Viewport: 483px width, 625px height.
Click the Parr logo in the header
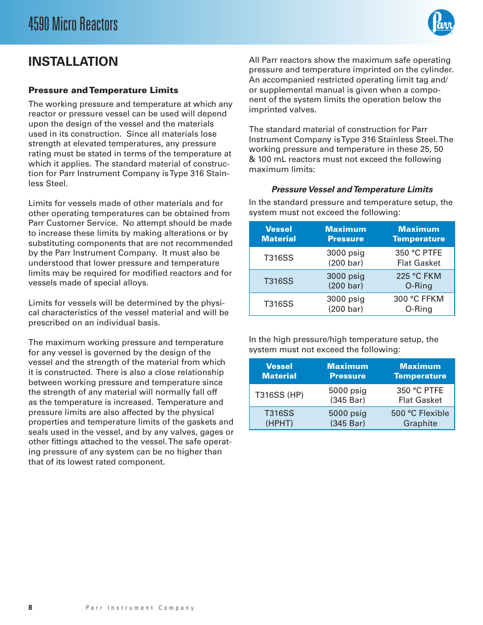click(441, 23)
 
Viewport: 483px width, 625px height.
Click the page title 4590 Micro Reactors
click(73, 24)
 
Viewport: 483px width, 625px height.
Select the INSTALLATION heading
click(73, 62)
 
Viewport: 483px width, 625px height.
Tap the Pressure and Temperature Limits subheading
click(103, 90)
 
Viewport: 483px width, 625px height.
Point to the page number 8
click(30, 607)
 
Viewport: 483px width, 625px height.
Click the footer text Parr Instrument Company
click(140, 608)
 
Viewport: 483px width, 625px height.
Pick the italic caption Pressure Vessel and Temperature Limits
click(352, 189)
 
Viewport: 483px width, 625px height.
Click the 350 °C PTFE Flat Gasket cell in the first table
click(419, 258)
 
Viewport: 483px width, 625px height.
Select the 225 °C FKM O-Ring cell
click(419, 281)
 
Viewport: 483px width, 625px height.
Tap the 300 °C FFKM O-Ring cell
click(419, 304)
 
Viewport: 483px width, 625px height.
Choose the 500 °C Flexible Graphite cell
click(420, 419)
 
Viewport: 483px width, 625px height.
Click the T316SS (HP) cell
click(279, 395)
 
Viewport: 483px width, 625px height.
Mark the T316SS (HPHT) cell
click(279, 419)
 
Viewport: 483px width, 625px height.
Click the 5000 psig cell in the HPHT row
click(347, 419)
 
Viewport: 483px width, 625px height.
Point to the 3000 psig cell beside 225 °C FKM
click(345, 281)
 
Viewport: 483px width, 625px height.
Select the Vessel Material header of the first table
click(278, 234)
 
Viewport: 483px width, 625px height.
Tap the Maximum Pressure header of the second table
click(347, 371)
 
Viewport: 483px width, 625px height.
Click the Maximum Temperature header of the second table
click(420, 371)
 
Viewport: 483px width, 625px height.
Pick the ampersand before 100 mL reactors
click(252, 159)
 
